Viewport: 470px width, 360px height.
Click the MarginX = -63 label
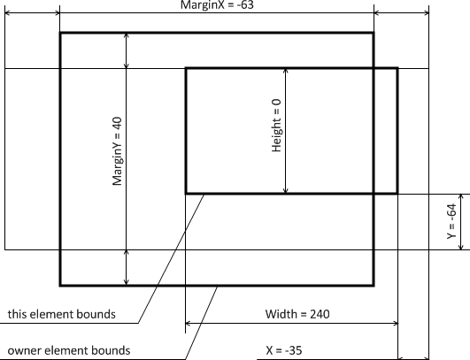coord(218,5)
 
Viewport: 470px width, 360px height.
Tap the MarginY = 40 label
coord(117,151)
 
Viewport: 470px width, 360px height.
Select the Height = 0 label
coord(276,126)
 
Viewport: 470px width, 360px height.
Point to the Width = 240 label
coord(297,314)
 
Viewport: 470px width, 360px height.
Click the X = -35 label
coord(284,350)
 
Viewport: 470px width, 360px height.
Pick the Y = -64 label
coord(451,221)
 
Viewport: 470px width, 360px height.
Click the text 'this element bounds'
coord(61,314)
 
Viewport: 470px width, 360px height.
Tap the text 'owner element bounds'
coord(69,350)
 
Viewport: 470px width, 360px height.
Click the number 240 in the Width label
coord(320,314)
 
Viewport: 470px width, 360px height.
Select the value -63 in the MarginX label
coord(245,5)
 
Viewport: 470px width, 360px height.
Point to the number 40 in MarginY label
coord(117,123)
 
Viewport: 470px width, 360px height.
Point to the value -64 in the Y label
coord(451,211)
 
